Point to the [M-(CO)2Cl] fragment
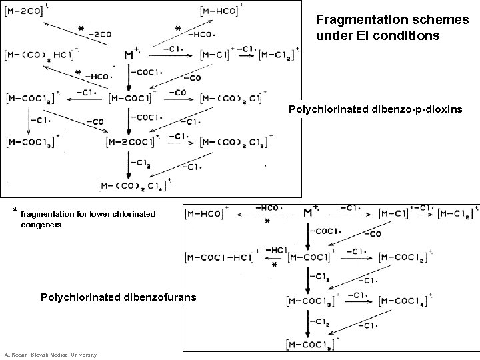[233, 99]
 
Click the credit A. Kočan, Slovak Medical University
[49, 354]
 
